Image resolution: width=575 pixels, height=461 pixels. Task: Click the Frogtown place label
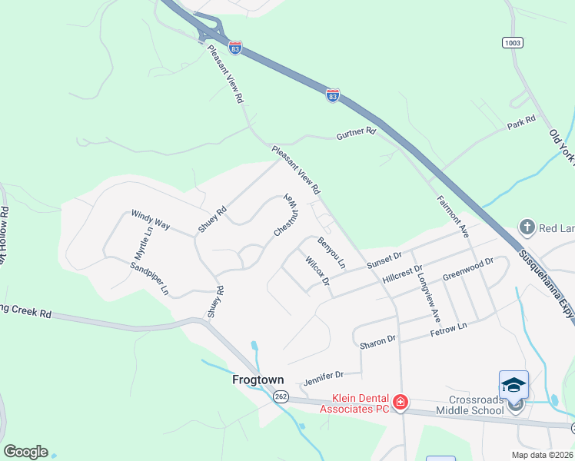[258, 380]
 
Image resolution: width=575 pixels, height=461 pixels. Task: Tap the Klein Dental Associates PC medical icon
[400, 403]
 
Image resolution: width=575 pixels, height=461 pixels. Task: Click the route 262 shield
[280, 396]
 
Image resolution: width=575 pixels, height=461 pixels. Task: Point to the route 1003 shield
[512, 41]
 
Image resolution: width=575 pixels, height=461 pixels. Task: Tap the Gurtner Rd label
[355, 135]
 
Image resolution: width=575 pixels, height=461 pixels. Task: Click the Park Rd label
[520, 123]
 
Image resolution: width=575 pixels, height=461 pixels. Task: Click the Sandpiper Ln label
[149, 278]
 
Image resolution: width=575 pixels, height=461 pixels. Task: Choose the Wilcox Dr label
[317, 272]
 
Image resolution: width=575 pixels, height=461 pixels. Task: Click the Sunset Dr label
[384, 260]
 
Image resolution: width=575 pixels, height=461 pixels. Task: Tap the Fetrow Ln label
[448, 327]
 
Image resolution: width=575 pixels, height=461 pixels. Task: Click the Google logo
[25, 452]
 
